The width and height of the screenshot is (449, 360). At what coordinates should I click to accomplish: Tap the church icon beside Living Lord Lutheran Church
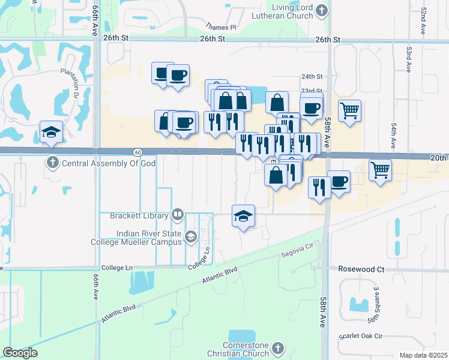(x=322, y=10)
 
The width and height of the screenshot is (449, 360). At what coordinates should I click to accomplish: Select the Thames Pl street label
(x=221, y=27)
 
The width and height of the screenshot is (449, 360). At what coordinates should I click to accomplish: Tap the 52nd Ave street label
(x=423, y=20)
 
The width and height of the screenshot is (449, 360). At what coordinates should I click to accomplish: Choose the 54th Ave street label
(x=394, y=136)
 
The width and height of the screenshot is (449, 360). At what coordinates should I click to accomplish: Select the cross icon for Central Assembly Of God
(x=53, y=163)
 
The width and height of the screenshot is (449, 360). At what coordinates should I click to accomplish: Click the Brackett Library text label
(x=139, y=215)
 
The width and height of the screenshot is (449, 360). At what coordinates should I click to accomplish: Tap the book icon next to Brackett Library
(x=177, y=214)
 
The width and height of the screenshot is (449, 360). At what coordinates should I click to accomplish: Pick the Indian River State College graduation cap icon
(x=190, y=237)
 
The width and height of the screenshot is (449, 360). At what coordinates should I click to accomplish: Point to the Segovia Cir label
(x=298, y=251)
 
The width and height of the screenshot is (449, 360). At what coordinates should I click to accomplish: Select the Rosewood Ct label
(x=361, y=269)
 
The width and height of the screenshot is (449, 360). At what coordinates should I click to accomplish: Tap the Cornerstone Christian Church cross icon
(x=277, y=348)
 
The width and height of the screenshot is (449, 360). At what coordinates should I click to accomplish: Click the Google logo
(x=20, y=353)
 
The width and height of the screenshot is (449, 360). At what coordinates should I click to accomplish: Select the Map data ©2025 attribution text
(x=423, y=355)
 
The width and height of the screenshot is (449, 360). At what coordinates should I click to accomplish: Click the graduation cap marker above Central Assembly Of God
(x=52, y=132)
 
